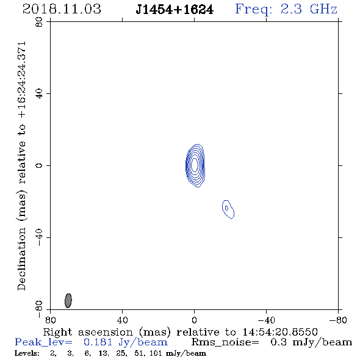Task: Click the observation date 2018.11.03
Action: (62, 9)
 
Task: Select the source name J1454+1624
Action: (175, 10)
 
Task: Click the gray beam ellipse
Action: (68, 300)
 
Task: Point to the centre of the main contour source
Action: (195, 165)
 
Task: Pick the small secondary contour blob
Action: (228, 209)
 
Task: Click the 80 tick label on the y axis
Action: (39, 22)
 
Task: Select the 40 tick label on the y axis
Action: (39, 94)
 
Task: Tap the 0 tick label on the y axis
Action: (39, 165)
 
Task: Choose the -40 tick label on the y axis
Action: (39, 237)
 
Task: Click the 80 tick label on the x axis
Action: (50, 320)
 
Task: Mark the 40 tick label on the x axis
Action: (122, 320)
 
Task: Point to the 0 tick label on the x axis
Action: (194, 320)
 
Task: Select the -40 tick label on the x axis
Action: (266, 320)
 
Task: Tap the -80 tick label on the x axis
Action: (338, 320)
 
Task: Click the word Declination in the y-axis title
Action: (21, 259)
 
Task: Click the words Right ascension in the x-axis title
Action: (88, 332)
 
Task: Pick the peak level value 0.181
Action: (98, 342)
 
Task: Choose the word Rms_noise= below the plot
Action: (225, 342)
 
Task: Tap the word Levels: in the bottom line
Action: (27, 353)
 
